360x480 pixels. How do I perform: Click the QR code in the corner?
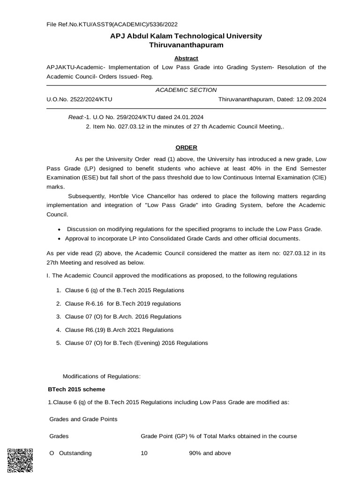[x=20, y=461]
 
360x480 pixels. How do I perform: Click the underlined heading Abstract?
[x=186, y=58]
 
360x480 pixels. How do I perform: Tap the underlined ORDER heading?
[x=186, y=147]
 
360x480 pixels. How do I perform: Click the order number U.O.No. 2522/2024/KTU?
[x=79, y=99]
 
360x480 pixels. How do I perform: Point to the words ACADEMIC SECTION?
[x=186, y=90]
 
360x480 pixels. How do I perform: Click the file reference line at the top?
[x=112, y=24]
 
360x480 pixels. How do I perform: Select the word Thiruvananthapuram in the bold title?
[x=186, y=45]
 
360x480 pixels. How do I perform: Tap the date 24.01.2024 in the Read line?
[x=188, y=117]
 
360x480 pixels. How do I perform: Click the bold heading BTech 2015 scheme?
[x=77, y=389]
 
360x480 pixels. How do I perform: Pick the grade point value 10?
[x=144, y=453]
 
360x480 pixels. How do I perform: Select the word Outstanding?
[x=75, y=453]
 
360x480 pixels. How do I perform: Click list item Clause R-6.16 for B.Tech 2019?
[x=123, y=303]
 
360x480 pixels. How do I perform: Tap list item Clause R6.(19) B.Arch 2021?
[x=119, y=330]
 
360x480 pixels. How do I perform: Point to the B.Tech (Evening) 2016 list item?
[x=136, y=343]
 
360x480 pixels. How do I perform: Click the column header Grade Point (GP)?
[x=164, y=436]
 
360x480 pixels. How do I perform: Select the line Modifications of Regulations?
[x=102, y=376]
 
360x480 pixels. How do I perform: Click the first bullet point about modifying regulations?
[x=194, y=229]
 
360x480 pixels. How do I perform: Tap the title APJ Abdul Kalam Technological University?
[x=186, y=36]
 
